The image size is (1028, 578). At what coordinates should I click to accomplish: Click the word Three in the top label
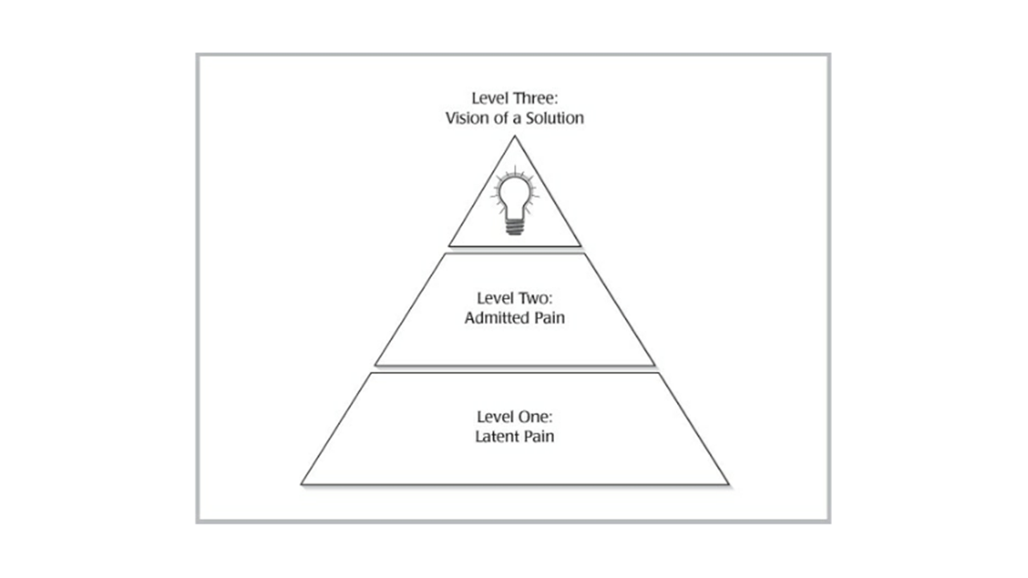535,98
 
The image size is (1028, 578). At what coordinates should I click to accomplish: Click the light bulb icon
515,201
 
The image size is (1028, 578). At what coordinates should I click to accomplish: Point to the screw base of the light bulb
515,226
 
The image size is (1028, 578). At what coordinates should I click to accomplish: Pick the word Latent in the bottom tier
495,436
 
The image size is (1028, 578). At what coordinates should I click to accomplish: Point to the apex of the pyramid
515,136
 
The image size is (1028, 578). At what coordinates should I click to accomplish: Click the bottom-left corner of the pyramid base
301,484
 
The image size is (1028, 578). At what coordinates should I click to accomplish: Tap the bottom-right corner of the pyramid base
728,484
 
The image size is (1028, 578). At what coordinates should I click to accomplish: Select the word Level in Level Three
490,98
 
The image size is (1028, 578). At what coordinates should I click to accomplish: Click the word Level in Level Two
496,298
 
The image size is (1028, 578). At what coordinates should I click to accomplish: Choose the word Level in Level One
496,417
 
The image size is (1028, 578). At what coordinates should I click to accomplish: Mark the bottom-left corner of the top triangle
449,246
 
